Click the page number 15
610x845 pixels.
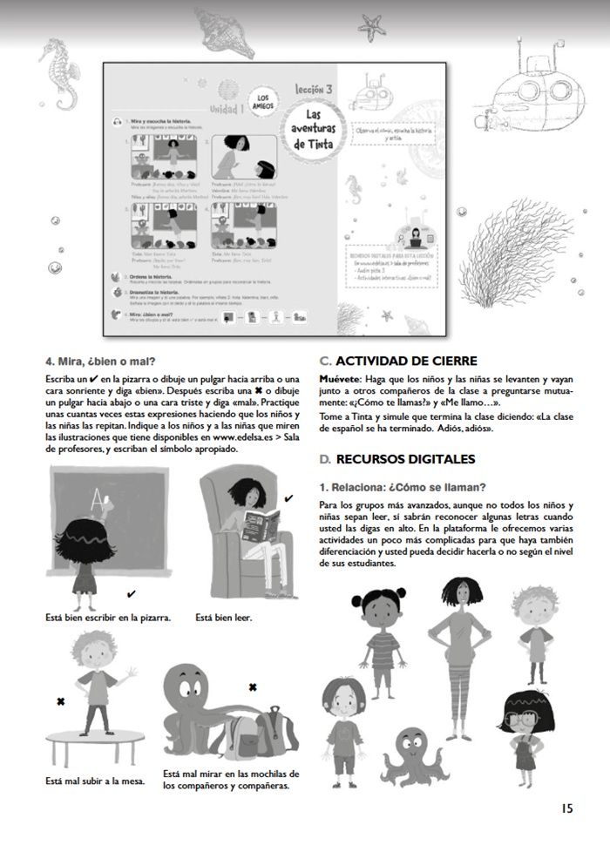point(566,808)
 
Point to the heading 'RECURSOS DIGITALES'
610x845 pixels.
point(404,458)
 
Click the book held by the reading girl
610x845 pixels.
point(261,524)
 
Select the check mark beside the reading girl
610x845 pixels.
point(288,497)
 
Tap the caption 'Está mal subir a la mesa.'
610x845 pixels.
point(95,781)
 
